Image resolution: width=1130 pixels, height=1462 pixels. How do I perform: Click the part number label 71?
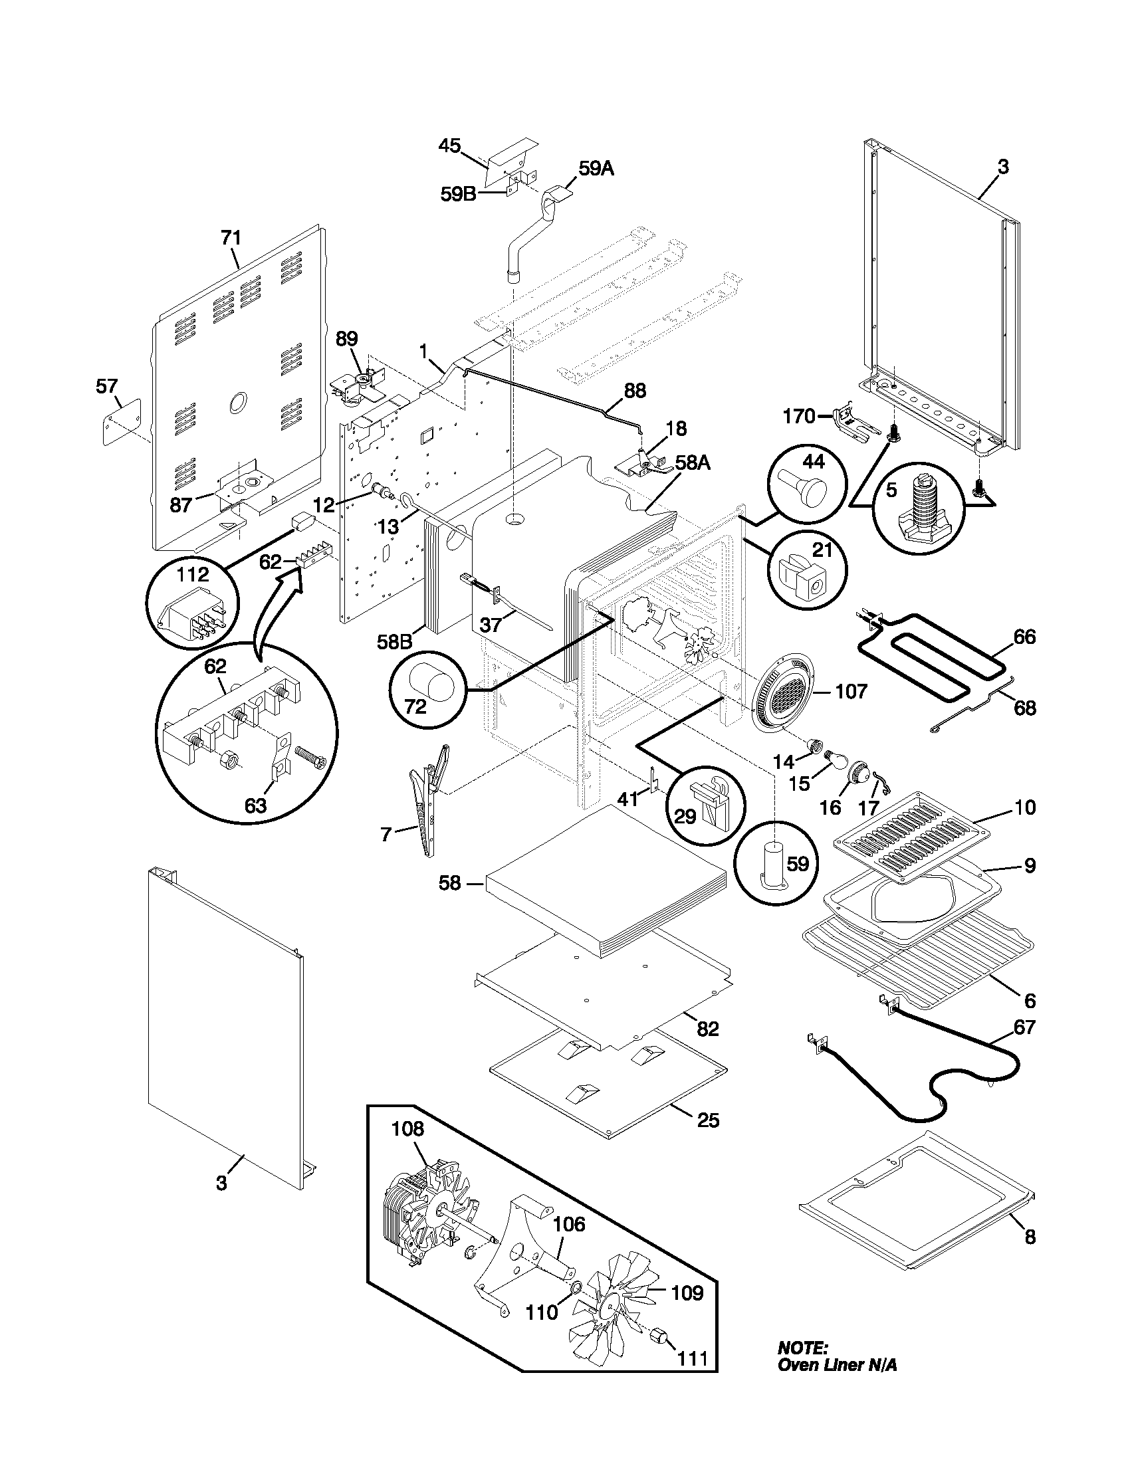coord(231,238)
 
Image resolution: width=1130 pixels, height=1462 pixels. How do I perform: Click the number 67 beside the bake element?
coord(1024,1027)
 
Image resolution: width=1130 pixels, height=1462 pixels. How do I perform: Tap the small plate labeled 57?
coord(122,421)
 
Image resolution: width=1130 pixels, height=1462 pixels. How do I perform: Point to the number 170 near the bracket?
coord(798,418)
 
